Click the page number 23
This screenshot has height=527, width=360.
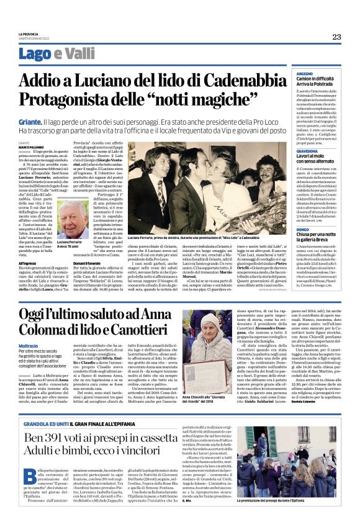pyautogui.click(x=336, y=37)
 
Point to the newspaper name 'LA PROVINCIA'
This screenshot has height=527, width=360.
pyautogui.click(x=30, y=34)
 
